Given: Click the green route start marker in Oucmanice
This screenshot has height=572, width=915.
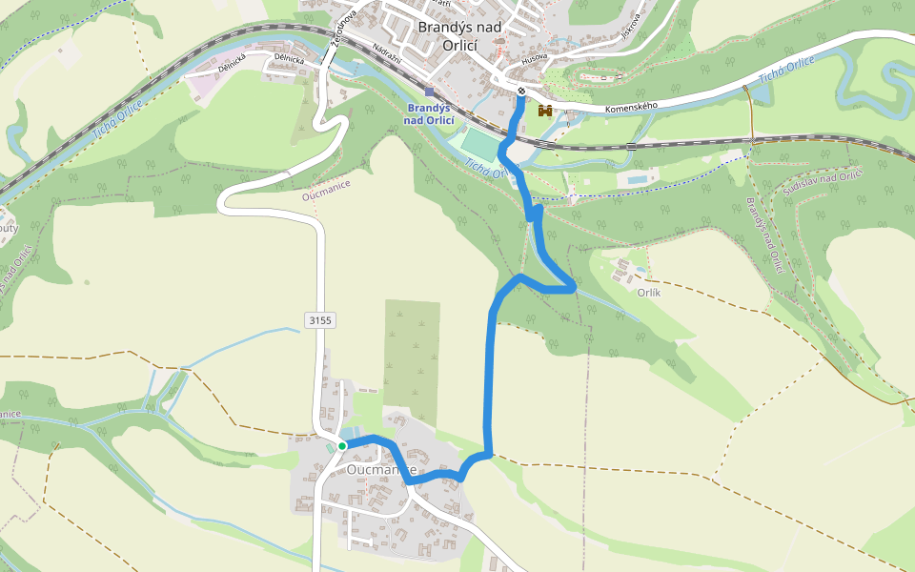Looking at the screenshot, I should point(342,445).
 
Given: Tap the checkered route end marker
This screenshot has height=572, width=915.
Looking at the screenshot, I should point(522,92).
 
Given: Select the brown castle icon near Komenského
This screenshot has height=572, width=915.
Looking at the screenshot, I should point(545,111).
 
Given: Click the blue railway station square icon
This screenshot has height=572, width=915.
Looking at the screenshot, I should point(430,92).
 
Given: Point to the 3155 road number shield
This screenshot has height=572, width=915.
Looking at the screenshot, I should point(320,320).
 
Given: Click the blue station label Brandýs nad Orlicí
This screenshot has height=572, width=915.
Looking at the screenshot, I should point(429,114).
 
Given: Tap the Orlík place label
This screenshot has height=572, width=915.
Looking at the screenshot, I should point(648,293).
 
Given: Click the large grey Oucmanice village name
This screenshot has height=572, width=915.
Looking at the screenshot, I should point(381,470).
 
